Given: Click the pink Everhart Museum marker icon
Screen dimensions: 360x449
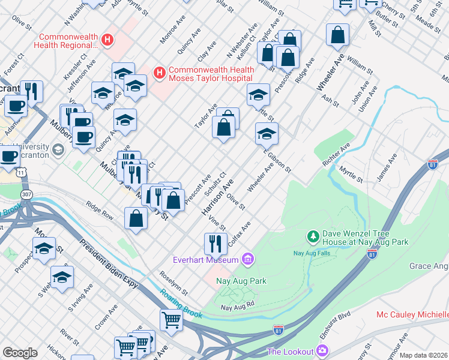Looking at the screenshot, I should pos(247,260).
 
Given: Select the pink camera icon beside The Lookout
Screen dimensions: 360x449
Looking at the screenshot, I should pos(324,350).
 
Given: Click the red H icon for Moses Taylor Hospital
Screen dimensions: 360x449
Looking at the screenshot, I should pos(160,73).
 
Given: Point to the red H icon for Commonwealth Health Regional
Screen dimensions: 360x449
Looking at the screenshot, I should pos(107,40).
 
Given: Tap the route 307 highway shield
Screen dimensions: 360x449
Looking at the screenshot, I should pos(26,195).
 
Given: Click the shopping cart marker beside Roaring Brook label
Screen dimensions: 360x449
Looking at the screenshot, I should pos(171,320).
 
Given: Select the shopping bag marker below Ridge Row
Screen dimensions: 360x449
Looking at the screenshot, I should pos(136,218).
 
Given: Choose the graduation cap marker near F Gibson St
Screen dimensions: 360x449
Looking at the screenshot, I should pos(267,133).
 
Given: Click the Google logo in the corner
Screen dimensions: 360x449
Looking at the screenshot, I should pos(19,353).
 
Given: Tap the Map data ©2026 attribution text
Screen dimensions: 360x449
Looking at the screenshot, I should pos(423,355).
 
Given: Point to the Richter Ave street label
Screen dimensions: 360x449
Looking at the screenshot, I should pos(336,155).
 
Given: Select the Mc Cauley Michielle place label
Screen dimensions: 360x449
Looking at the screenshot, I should pos(412,314).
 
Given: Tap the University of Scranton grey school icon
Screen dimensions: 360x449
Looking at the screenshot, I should pos(58,149).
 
